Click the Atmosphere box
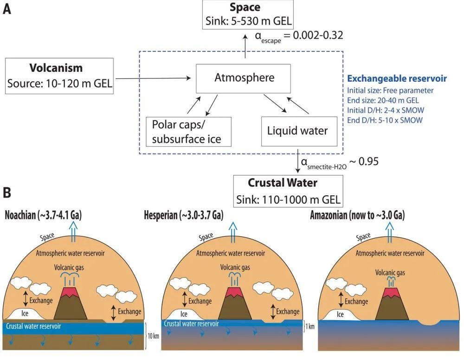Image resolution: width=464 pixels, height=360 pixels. [243, 79]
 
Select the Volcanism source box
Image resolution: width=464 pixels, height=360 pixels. [59, 76]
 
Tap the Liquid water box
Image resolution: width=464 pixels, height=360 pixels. [299, 131]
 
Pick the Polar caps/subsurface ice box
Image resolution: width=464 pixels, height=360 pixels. [188, 132]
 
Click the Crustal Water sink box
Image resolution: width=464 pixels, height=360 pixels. [288, 191]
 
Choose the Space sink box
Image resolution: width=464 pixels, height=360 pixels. [248, 14]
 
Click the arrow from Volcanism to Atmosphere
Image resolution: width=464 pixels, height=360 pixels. [153, 78]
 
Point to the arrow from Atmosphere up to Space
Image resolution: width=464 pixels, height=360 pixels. [245, 46]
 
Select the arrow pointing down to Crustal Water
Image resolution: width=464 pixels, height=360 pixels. [298, 161]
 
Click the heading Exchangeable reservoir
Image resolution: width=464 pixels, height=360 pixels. [397, 78]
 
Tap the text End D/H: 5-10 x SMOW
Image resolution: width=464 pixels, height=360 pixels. [385, 120]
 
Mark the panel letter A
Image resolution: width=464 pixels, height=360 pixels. [7, 9]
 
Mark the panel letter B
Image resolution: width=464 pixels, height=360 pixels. [7, 193]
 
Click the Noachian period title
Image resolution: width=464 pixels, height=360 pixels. [43, 215]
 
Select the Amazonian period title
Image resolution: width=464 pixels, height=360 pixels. [357, 215]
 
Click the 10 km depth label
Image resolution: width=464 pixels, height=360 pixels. [153, 336]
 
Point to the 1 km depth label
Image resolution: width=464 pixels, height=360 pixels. [310, 327]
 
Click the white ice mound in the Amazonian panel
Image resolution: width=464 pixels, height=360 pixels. [341, 315]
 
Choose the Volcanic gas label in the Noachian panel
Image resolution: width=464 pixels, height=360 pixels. [69, 268]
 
